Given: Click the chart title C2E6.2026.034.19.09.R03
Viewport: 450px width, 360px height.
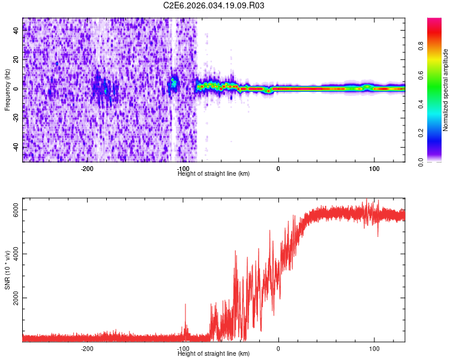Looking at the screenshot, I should click(214, 5).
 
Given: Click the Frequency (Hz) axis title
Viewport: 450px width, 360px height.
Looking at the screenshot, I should click(7, 90).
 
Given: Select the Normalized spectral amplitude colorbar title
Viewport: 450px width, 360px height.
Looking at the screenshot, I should click(446, 90).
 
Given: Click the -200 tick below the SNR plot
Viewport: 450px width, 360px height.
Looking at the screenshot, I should click(88, 349).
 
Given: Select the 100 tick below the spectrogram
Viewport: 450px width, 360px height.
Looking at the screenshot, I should click(374, 169).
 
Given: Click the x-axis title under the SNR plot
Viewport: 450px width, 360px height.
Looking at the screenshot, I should click(214, 353).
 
